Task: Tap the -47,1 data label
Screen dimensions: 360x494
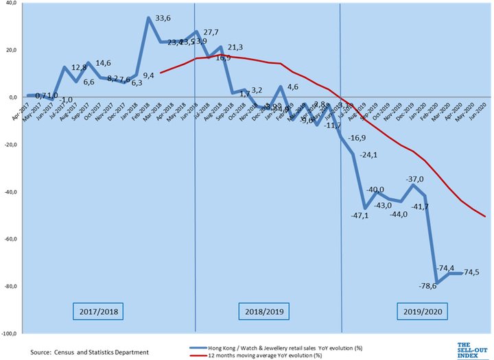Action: click(x=360, y=215)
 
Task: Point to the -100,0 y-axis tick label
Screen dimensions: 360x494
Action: click(x=10, y=334)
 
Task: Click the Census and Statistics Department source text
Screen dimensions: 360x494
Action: click(x=89, y=352)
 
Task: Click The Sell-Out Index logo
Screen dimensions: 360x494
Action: click(x=472, y=348)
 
